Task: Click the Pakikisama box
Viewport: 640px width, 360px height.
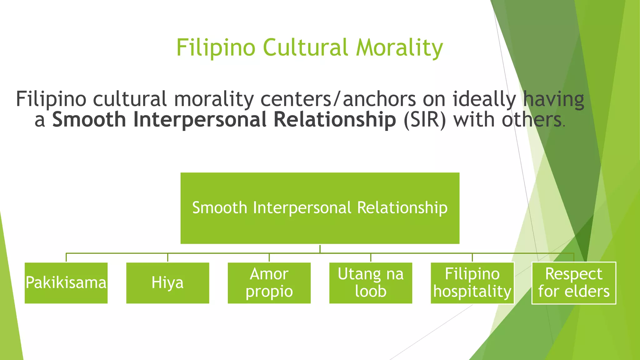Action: coord(66,283)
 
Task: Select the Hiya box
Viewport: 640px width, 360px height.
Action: coord(167,283)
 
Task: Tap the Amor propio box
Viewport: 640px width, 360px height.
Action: coord(269,283)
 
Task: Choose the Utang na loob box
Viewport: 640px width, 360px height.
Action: coord(371,283)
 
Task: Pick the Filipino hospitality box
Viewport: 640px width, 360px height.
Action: coord(472,283)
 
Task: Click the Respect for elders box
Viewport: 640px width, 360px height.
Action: coord(574,283)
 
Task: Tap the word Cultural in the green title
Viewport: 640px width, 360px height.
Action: coord(305,48)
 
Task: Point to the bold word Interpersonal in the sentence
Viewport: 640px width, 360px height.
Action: coord(200,120)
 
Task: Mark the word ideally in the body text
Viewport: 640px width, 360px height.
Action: coord(484,99)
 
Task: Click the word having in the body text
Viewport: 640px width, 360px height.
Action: coord(553,99)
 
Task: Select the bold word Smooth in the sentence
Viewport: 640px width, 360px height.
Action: coord(89,120)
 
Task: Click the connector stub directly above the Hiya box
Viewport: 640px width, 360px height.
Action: coord(168,257)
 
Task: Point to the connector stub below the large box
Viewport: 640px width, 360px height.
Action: coord(320,248)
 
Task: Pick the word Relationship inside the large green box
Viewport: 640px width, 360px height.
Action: coord(402,208)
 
